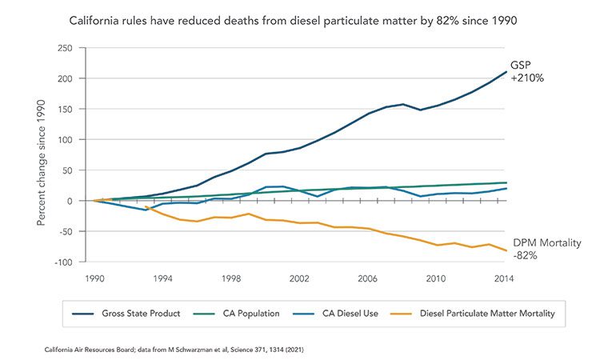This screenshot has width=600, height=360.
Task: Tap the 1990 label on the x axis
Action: [94, 279]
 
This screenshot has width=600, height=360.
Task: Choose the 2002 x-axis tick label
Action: [299, 279]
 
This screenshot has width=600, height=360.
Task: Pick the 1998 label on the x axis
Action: [231, 279]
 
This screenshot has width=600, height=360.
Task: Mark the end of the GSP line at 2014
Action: [506, 72]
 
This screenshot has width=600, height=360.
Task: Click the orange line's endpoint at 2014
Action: [506, 251]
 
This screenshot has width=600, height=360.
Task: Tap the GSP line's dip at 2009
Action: [420, 110]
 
